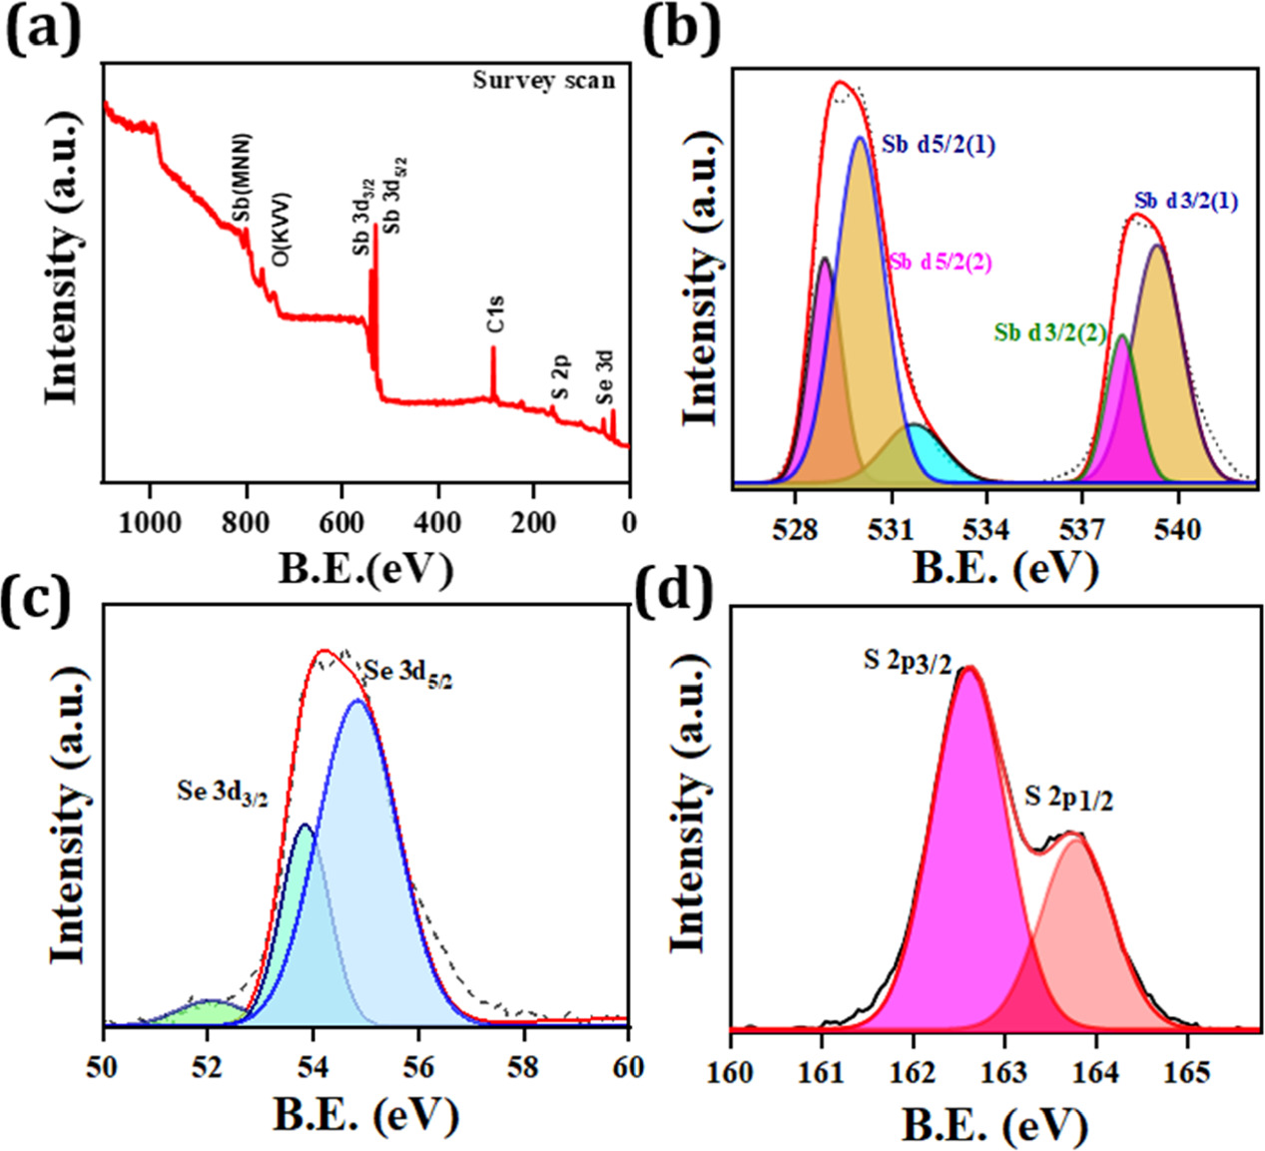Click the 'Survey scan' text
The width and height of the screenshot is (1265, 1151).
[543, 80]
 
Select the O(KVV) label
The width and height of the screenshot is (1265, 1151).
[282, 229]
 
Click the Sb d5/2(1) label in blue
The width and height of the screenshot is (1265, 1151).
[938, 145]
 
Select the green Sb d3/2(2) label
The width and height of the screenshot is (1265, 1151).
[1049, 333]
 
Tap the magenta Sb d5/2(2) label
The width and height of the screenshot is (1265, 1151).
[939, 262]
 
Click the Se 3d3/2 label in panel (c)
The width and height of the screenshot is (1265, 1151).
[223, 794]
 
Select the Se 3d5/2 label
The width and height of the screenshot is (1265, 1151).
[408, 673]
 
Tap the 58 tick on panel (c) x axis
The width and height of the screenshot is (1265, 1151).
[523, 1066]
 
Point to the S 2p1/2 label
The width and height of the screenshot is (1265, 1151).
[1068, 798]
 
